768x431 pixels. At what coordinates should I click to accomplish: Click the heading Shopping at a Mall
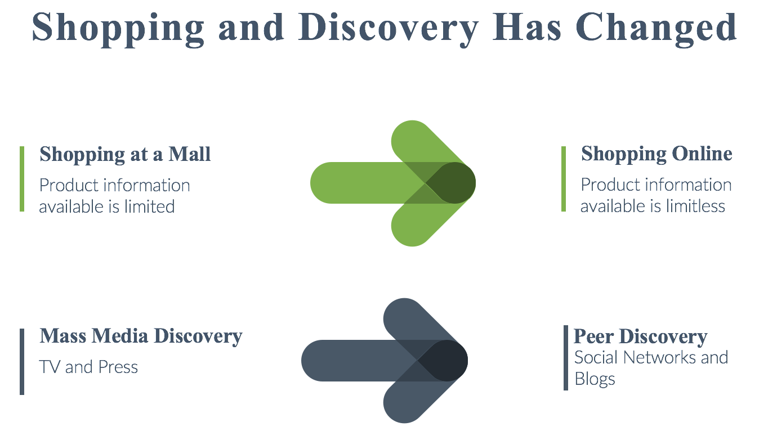[x=125, y=155]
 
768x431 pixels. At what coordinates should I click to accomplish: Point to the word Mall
[x=189, y=154]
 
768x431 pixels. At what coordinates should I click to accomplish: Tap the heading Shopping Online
[x=657, y=154]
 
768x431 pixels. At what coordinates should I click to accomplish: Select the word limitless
[x=696, y=206]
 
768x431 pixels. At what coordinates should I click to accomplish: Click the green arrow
[x=393, y=183]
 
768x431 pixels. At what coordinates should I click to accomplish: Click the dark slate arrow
[x=385, y=361]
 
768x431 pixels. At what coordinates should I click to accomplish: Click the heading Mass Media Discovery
[x=141, y=336]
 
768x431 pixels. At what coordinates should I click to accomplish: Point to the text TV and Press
[x=88, y=367]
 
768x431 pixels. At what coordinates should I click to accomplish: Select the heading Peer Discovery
[x=640, y=337]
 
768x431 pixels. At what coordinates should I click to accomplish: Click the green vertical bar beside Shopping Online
[x=563, y=179]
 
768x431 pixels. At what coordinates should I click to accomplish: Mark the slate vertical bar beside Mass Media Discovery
[x=22, y=362]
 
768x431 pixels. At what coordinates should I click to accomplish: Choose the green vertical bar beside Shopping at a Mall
[x=22, y=179]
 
